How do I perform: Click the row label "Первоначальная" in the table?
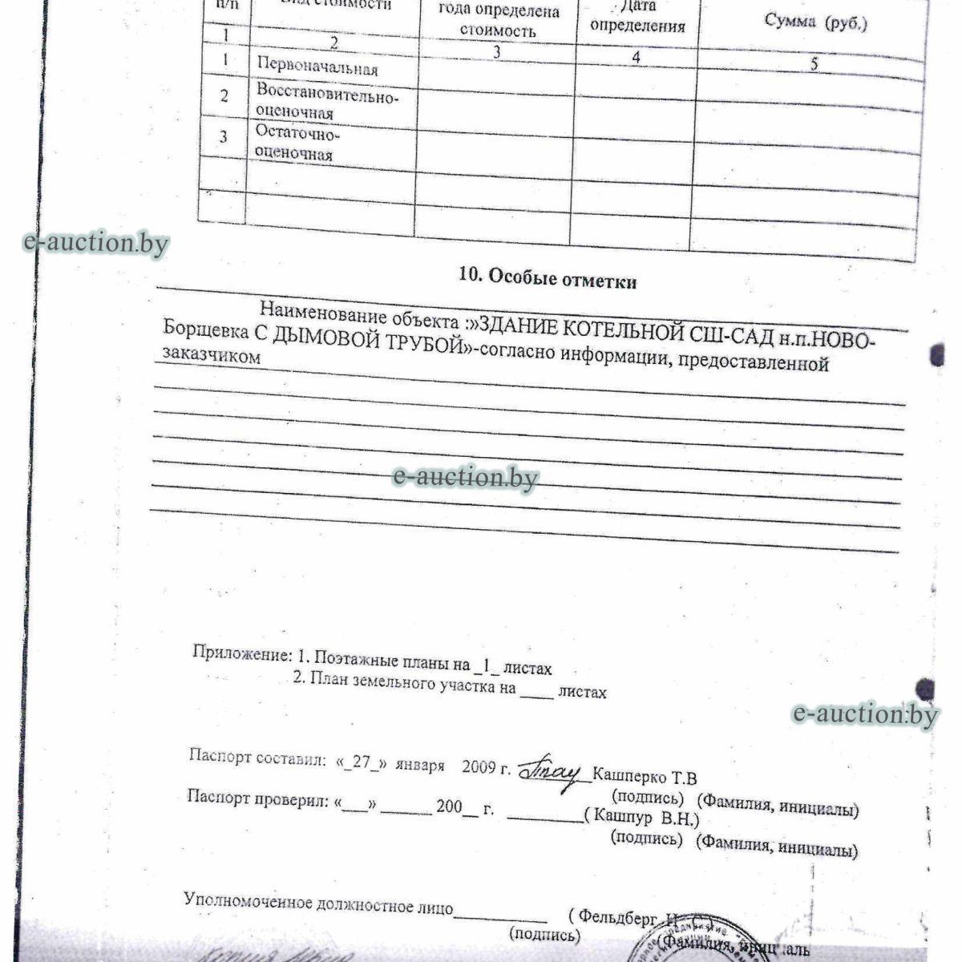pos(317,66)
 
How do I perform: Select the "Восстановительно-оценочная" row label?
pos(325,102)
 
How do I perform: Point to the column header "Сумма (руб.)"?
pos(815,22)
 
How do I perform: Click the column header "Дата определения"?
pos(637,17)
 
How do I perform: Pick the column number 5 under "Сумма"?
pos(813,65)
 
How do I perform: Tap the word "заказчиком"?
pos(211,356)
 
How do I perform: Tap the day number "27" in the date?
pos(361,762)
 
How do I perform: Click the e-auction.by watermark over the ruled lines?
pos(465,477)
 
